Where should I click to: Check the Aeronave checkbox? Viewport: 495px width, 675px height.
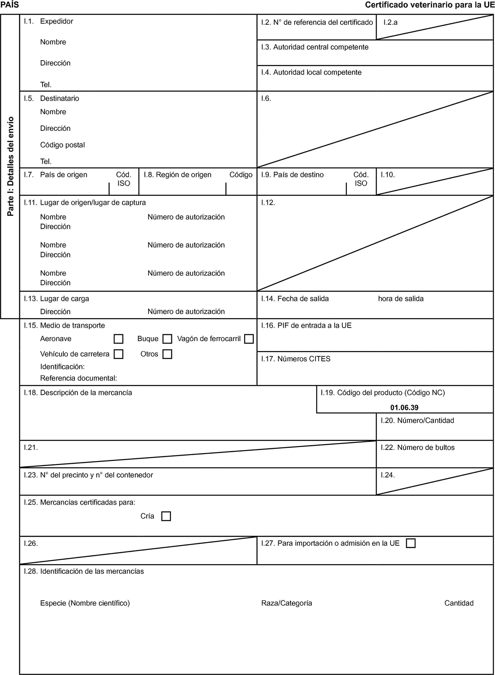[x=118, y=339]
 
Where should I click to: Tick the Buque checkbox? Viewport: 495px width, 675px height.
[x=167, y=339]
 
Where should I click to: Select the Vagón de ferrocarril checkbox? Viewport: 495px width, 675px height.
[x=249, y=339]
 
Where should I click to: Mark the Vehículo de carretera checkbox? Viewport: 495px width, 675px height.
[x=118, y=354]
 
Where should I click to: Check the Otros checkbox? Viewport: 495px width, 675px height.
[x=167, y=354]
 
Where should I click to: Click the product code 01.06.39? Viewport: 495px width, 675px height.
[x=404, y=407]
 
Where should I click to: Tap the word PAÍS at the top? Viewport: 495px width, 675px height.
[x=10, y=5]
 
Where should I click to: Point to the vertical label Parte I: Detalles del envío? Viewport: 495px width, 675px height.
[x=10, y=166]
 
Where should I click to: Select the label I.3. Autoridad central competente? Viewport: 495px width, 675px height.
[x=315, y=47]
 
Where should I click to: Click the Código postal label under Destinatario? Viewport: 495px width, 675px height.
[x=62, y=145]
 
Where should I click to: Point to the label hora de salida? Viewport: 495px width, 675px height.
[x=401, y=299]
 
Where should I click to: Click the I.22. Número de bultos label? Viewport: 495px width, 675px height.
[x=417, y=448]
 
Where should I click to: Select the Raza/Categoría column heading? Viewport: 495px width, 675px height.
[x=286, y=603]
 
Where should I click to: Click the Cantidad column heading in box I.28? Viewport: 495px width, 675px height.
[x=459, y=603]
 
